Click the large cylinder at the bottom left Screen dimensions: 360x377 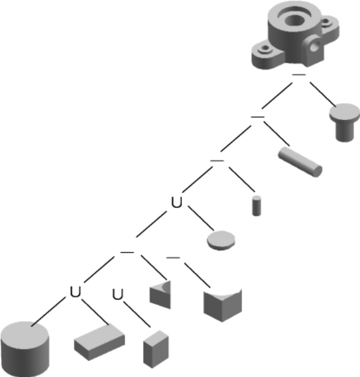click(25, 349)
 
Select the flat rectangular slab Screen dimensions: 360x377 click(99, 342)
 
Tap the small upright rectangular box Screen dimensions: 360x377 click(156, 349)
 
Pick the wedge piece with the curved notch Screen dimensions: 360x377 click(161, 295)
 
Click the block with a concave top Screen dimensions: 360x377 click(222, 305)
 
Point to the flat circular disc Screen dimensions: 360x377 click(221, 240)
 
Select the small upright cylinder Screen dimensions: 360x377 click(256, 206)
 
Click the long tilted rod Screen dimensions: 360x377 click(300, 162)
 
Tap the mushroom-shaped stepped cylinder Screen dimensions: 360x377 click(344, 122)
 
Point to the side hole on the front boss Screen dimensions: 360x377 click(314, 46)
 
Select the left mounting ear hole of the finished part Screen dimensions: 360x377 click(265, 47)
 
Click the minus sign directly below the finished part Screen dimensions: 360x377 click(299, 75)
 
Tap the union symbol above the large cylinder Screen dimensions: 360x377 click(75, 292)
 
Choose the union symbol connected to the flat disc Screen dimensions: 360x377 click(176, 202)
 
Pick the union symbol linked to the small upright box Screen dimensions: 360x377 click(118, 294)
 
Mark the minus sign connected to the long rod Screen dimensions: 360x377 click(257, 117)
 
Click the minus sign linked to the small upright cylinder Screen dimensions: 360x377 click(217, 161)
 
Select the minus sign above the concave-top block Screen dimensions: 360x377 click(173, 258)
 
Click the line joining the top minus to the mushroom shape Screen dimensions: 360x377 click(322, 94)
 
